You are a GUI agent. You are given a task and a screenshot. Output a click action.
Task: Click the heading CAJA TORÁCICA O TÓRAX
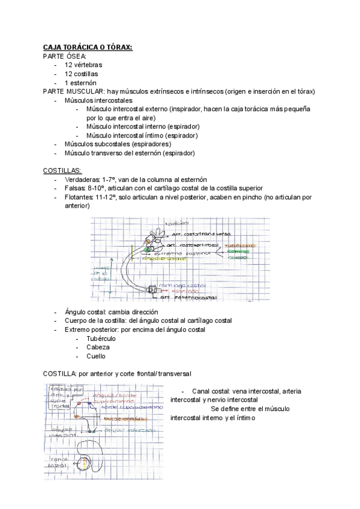click(x=88, y=47)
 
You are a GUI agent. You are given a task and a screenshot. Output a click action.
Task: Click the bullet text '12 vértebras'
click(x=83, y=65)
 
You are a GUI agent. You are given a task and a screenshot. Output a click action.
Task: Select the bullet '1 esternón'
click(x=80, y=83)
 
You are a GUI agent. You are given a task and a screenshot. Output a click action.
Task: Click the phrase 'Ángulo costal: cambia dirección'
click(x=111, y=312)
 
